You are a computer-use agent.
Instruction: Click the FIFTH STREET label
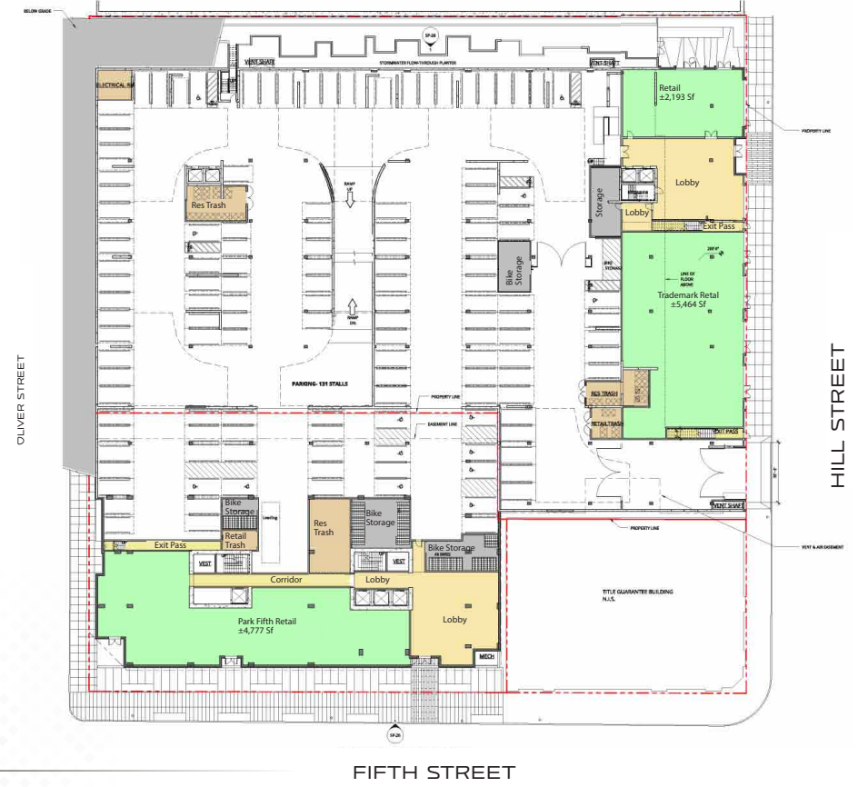434,772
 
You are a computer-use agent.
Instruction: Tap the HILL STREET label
838,415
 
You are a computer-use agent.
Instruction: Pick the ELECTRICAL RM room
115,85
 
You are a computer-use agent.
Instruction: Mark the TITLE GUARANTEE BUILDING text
634,594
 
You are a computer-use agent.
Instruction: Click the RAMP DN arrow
350,310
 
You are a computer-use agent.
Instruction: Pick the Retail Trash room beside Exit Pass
235,541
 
